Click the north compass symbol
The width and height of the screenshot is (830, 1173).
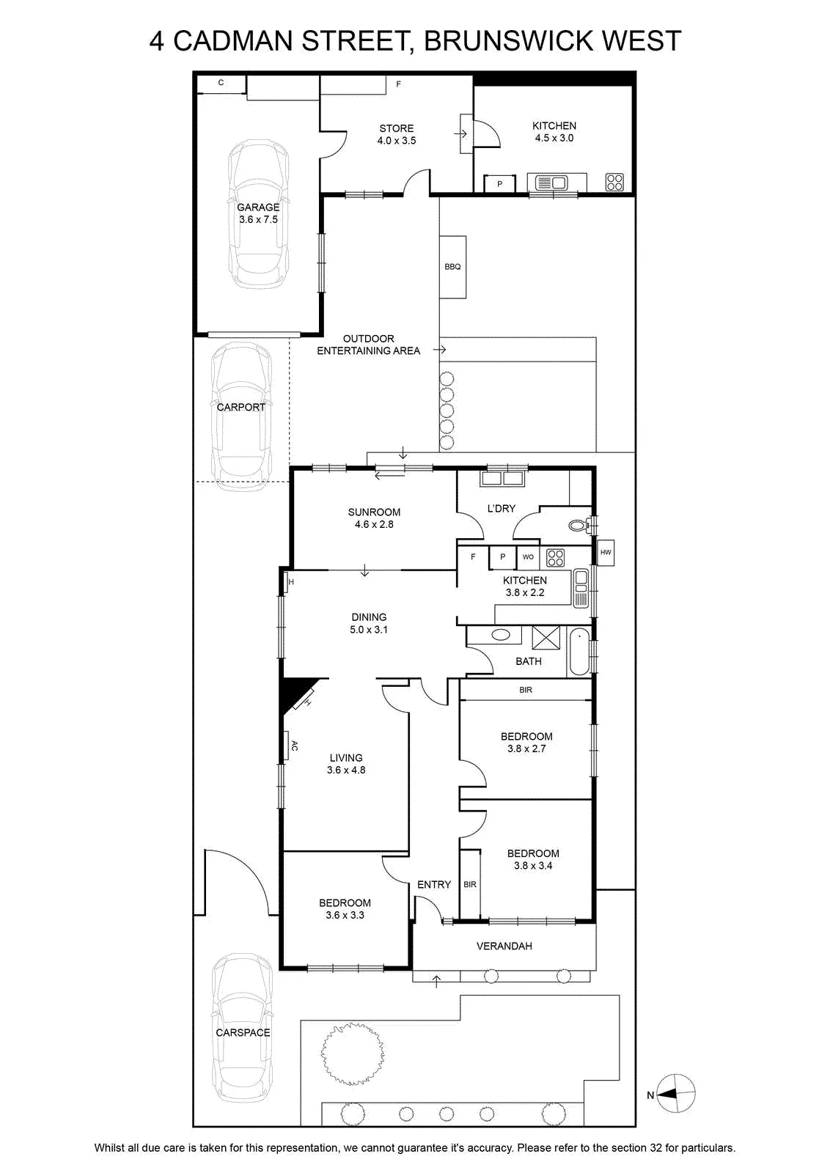click(675, 1093)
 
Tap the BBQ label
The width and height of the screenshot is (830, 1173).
click(452, 267)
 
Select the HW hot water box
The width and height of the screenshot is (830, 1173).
click(606, 553)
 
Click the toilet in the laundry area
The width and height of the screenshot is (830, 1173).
click(579, 524)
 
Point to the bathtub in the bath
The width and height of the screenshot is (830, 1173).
click(579, 652)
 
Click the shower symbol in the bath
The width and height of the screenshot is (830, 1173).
click(546, 638)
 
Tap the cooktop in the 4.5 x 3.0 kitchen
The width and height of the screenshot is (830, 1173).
click(614, 183)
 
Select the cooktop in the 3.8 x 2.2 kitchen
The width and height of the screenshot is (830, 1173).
click(555, 557)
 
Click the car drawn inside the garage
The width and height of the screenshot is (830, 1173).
click(258, 213)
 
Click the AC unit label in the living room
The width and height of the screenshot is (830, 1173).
click(294, 746)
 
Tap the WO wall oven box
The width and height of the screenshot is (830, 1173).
click(528, 557)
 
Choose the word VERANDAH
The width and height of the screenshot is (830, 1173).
click(504, 946)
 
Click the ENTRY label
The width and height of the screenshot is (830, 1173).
click(434, 884)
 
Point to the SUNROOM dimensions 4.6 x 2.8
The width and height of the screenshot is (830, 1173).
click(374, 524)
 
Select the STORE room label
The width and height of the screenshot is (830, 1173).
click(397, 128)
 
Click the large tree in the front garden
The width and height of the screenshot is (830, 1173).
click(352, 1053)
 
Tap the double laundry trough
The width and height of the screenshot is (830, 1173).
click(503, 479)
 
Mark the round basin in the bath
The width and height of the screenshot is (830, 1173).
click(501, 635)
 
